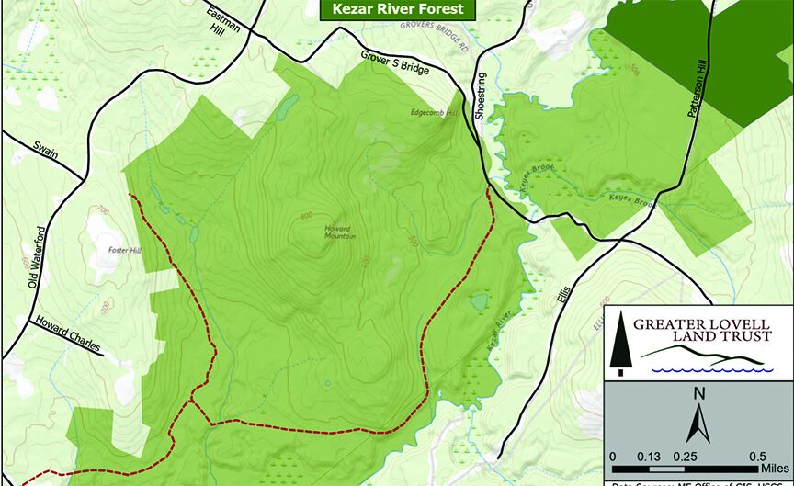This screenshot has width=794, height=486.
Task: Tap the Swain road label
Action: pos(45,149)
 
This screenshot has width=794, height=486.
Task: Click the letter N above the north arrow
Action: pos(699,396)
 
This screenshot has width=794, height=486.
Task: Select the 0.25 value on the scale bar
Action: pos(682,457)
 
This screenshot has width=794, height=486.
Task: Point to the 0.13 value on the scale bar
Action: pos(649,457)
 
